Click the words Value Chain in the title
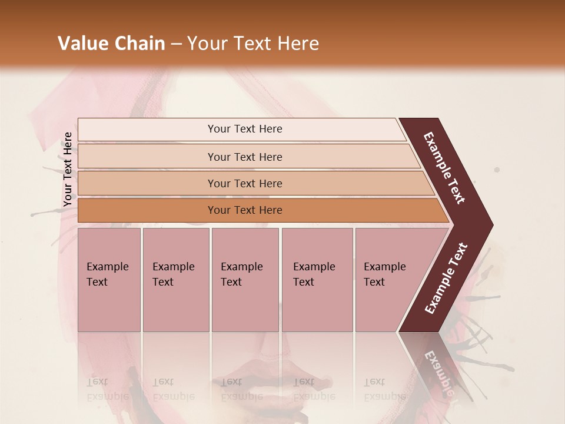pyautogui.click(x=111, y=44)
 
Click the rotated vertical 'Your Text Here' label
pyautogui.click(x=68, y=169)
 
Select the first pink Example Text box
pyautogui.click(x=109, y=280)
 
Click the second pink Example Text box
pyautogui.click(x=175, y=280)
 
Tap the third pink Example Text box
pyautogui.click(x=245, y=280)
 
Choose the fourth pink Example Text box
pyautogui.click(x=317, y=280)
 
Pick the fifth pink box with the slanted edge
pyautogui.click(x=388, y=280)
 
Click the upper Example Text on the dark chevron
pyautogui.click(x=444, y=168)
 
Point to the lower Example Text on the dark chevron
pyautogui.click(x=446, y=278)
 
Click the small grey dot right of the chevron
pyautogui.click(x=497, y=170)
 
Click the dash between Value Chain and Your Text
pyautogui.click(x=176, y=44)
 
